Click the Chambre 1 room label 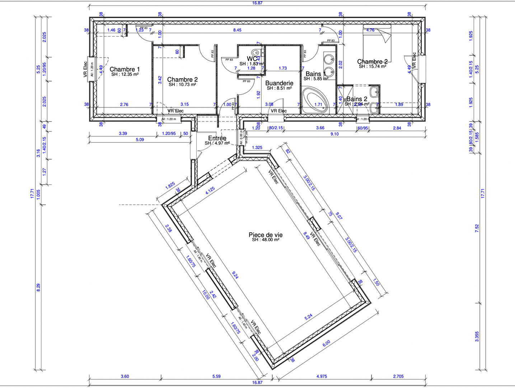pos(125,69)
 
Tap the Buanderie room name pos(279,83)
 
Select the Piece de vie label pos(266,235)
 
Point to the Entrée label pos(217,138)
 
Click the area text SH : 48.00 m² pos(266,240)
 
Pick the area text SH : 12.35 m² pos(125,75)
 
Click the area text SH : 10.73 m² pos(182,85)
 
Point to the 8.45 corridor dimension pos(237,30)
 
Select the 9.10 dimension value pos(334,134)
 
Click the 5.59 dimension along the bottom pos(216,377)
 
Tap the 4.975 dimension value pos(322,377)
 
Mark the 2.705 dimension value pos(398,377)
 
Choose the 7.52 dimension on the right pos(477,228)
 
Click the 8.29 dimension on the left pos(38,287)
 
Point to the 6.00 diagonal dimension pos(326,343)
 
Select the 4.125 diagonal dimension pos(210,190)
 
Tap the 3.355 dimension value pos(477,336)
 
